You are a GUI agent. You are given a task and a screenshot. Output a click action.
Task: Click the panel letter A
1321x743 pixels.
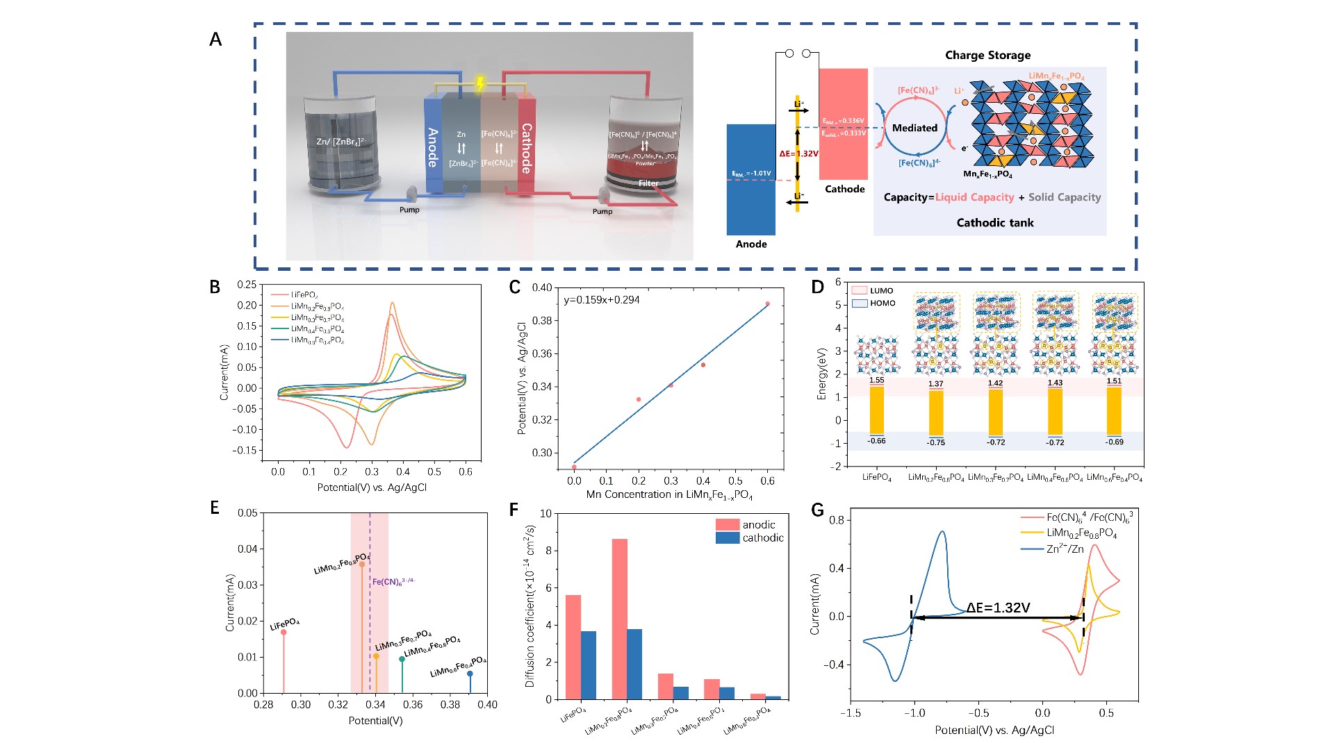point(215,40)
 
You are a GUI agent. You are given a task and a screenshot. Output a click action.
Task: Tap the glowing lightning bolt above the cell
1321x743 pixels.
point(479,85)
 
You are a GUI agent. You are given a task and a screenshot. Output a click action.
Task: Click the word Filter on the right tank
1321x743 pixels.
point(648,183)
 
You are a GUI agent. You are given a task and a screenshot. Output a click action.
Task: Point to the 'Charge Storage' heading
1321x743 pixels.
point(987,56)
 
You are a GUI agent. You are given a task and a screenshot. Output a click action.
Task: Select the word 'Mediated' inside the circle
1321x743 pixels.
point(914,128)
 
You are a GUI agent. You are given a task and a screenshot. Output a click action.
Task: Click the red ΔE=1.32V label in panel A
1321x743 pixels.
point(798,153)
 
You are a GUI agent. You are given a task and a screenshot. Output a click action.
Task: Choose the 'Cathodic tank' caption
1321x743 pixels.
point(994,223)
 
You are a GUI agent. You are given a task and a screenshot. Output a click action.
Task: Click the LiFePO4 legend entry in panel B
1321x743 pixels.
point(304,295)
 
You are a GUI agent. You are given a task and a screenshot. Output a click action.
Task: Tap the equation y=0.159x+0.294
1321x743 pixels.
point(601,300)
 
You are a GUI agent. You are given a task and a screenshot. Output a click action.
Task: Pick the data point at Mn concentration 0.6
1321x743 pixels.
point(767,304)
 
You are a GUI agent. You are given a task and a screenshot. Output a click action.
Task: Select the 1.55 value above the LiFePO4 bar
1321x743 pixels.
point(876,381)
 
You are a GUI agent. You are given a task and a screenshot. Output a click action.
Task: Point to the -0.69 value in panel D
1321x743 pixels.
point(1114,442)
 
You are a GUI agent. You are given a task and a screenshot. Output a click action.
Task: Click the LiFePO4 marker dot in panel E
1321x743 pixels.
point(284,632)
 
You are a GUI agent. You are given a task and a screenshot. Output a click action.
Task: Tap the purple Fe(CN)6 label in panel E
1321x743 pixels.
point(393,582)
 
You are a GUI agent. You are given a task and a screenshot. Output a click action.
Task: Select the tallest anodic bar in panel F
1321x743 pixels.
point(619,618)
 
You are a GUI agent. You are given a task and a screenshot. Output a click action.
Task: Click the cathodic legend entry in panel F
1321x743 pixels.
point(762,538)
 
